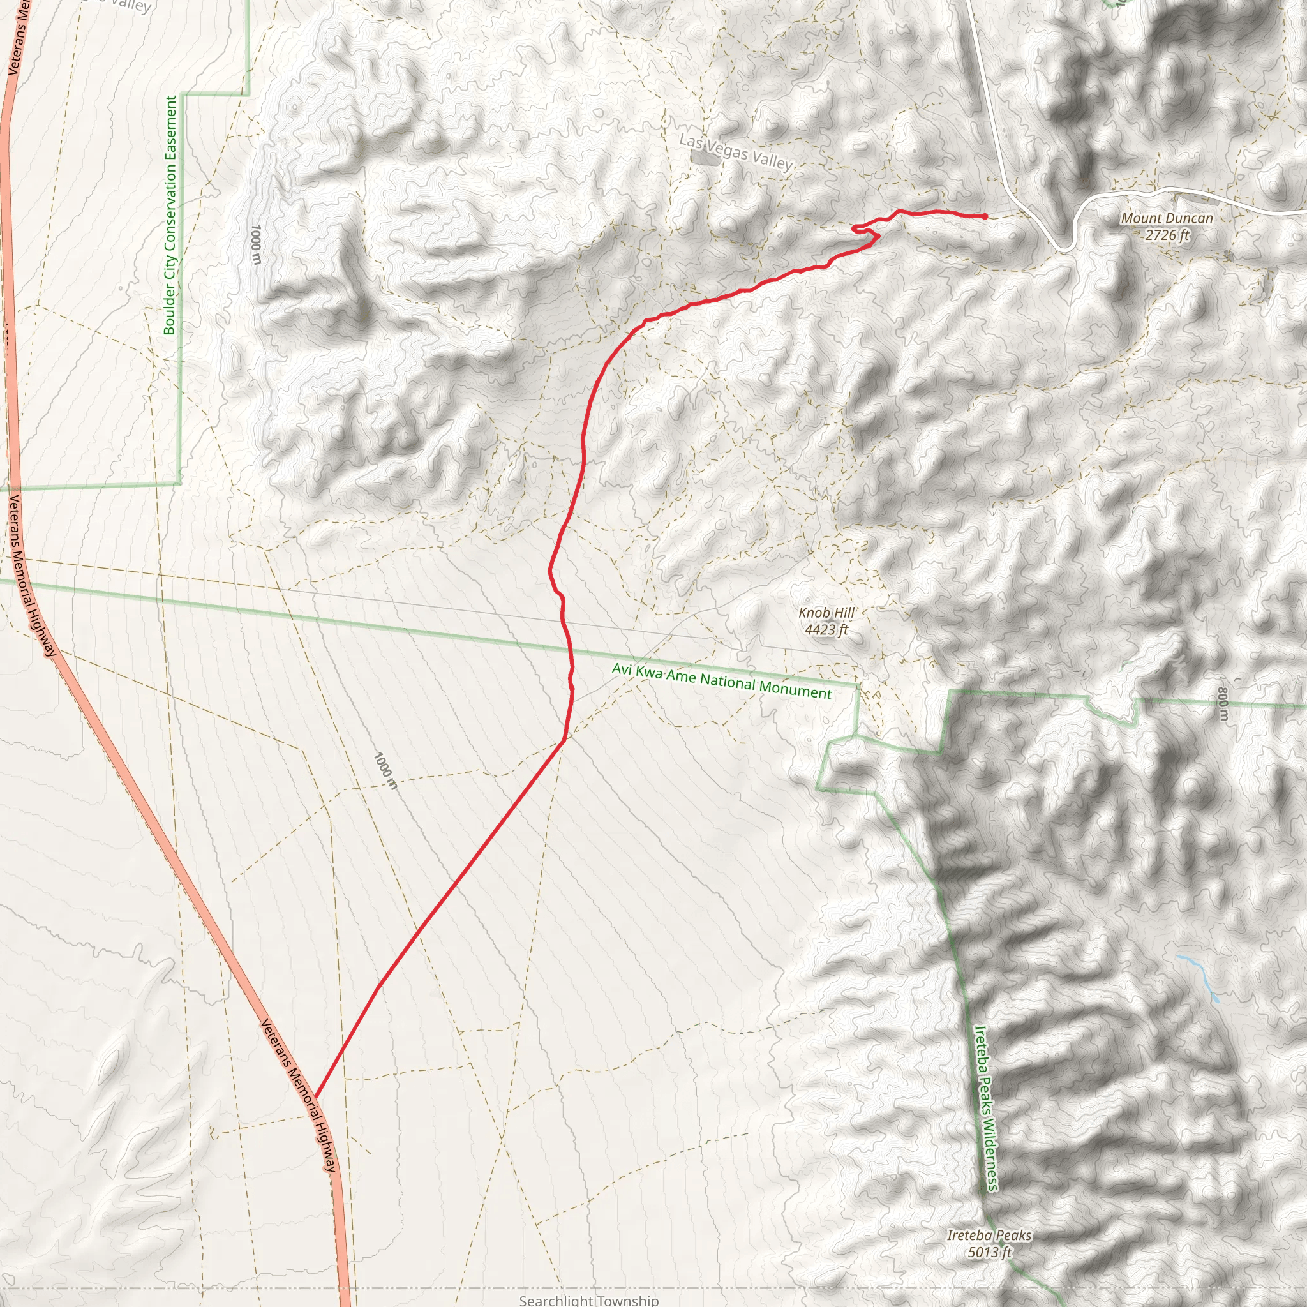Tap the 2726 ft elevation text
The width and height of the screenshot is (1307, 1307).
[x=1167, y=235]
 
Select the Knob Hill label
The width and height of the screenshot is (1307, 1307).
[x=826, y=613]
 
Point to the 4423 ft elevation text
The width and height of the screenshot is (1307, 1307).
[x=825, y=631]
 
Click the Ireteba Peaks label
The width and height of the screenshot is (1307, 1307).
[x=989, y=1236]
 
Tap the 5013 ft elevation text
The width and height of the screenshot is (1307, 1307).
[x=989, y=1252]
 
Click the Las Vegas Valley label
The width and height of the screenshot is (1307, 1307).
[x=735, y=153]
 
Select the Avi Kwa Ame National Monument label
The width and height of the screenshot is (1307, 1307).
[x=722, y=680]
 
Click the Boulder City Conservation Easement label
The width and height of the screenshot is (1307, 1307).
[x=170, y=215]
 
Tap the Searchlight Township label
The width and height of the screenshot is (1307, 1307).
[x=588, y=1300]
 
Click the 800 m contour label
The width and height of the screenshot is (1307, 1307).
[x=1221, y=705]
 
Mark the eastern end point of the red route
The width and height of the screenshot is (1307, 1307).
[x=984, y=216]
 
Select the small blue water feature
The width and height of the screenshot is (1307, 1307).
[x=1197, y=978]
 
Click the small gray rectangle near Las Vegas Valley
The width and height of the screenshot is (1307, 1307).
[x=706, y=158]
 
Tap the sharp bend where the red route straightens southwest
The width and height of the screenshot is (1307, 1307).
[x=564, y=741]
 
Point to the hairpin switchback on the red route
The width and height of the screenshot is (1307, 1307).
[x=855, y=227]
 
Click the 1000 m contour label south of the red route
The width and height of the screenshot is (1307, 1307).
[x=385, y=770]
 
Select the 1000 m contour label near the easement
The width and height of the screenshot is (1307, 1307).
[x=255, y=245]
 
